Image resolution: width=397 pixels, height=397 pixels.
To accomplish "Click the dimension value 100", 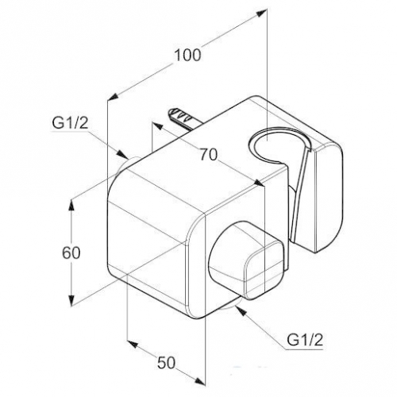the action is [x=187, y=56].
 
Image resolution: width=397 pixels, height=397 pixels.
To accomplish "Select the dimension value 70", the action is [x=209, y=155].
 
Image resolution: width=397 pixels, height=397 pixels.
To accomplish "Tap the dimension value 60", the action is [x=71, y=253].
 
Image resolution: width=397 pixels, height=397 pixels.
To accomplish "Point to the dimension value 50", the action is [x=167, y=362].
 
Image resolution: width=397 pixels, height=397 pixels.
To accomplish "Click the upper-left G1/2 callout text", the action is [x=70, y=123].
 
